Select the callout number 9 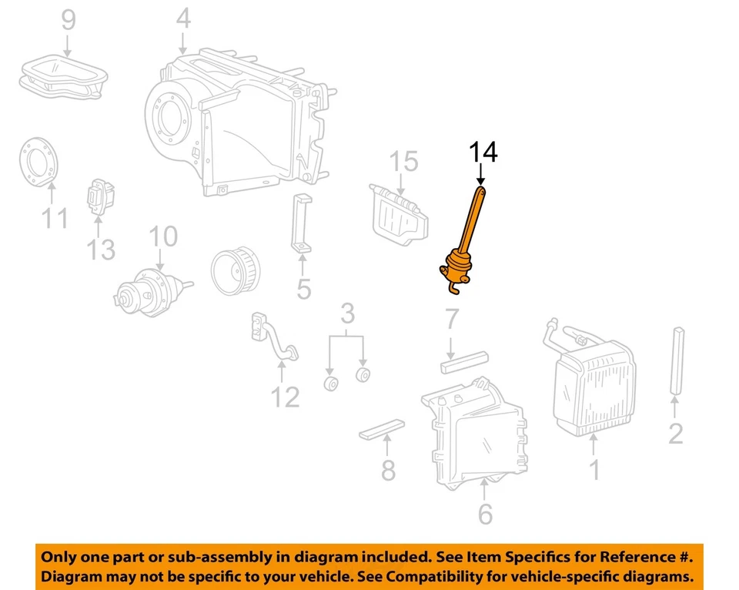[69, 19]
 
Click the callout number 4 [183, 18]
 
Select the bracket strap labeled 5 [301, 224]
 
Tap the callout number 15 [403, 162]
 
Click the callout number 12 [284, 397]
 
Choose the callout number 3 [347, 314]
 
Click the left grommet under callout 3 [332, 383]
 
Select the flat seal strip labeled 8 [382, 429]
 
